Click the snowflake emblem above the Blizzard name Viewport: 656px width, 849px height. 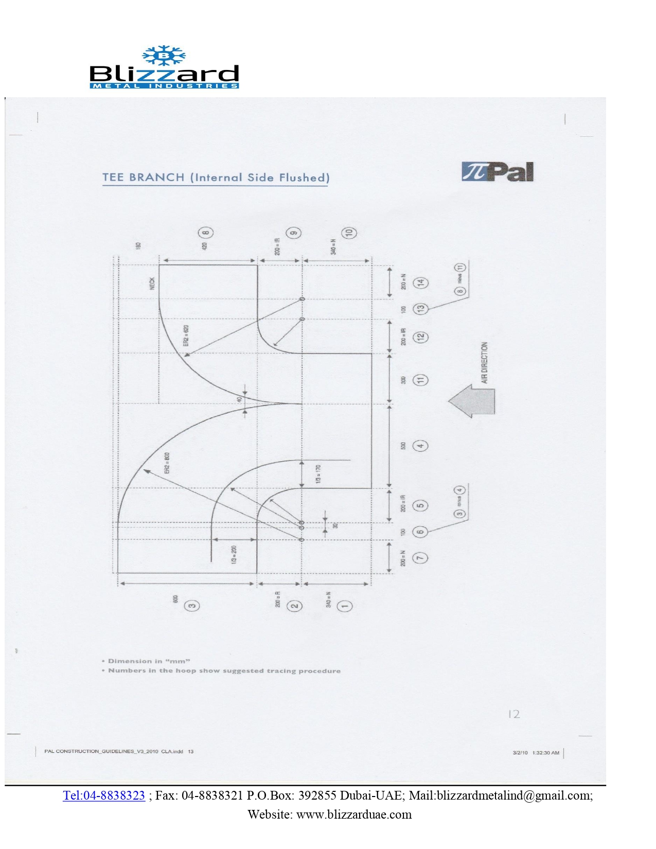pos(164,56)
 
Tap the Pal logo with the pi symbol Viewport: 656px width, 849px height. pos(498,172)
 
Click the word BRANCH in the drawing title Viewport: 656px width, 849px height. pos(156,178)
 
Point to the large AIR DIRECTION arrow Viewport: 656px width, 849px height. pos(472,401)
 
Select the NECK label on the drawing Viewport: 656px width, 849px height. pos(152,284)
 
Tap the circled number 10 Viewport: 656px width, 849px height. pos(350,233)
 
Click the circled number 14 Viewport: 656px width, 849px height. pos(421,283)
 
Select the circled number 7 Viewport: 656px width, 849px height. pos(420,558)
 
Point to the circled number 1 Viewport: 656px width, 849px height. pos(344,606)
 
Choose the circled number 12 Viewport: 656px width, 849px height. pos(420,337)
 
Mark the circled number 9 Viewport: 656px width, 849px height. pos(294,233)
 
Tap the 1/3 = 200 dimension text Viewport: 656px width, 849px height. pos(234,555)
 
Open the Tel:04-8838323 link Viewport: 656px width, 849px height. pos(104,795)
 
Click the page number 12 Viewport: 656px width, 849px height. pos(513,714)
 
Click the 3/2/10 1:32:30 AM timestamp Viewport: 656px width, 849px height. pos(536,753)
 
